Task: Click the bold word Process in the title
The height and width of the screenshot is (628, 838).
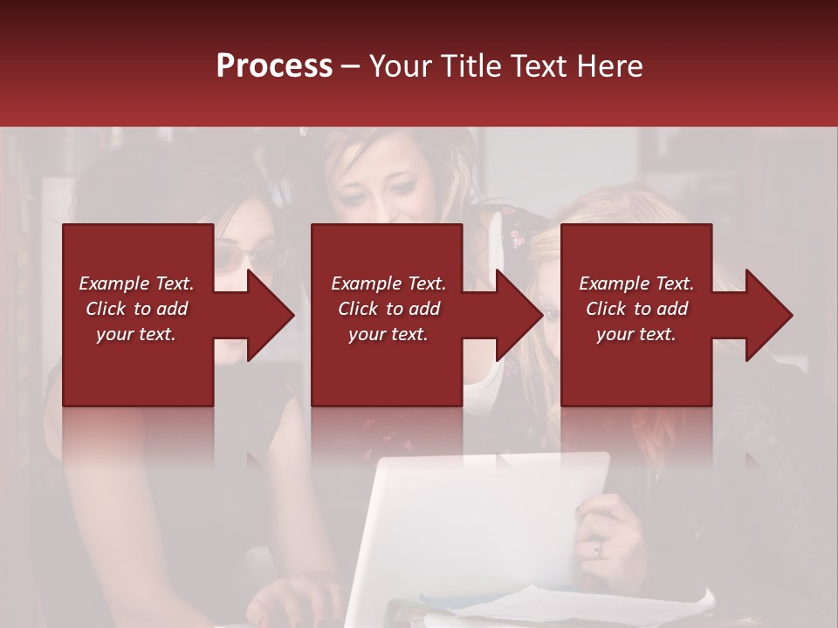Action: tap(274, 66)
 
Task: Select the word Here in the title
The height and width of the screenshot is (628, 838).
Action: tap(609, 66)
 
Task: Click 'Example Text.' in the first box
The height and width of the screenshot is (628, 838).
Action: tap(136, 283)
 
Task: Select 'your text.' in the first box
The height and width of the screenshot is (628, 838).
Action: tap(136, 334)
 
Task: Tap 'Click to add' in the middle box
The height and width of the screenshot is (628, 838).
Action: tap(388, 309)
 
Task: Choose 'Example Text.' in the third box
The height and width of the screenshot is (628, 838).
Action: tap(636, 283)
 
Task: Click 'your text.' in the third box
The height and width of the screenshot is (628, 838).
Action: tap(636, 334)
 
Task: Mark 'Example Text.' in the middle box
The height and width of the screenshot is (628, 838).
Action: tap(388, 283)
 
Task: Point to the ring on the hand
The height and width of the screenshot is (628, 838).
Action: tap(597, 549)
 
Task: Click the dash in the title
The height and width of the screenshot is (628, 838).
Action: tap(351, 67)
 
